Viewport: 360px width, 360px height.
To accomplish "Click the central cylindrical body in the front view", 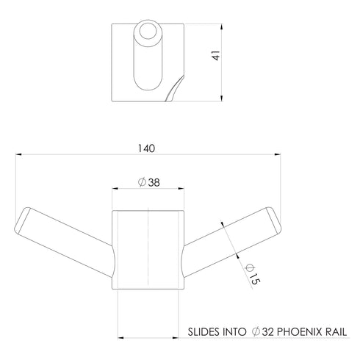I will [x=148, y=250].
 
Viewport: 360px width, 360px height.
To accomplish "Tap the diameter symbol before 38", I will [x=142, y=182].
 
